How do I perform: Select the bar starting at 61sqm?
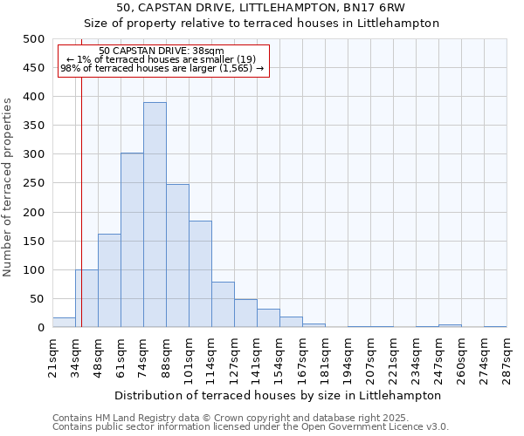(132, 241)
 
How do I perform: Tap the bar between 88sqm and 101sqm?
(177, 256)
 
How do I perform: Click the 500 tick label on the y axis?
(33, 39)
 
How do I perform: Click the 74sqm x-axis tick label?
(144, 356)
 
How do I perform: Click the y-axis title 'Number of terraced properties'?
(9, 187)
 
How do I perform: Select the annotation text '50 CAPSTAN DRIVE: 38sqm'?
(162, 51)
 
